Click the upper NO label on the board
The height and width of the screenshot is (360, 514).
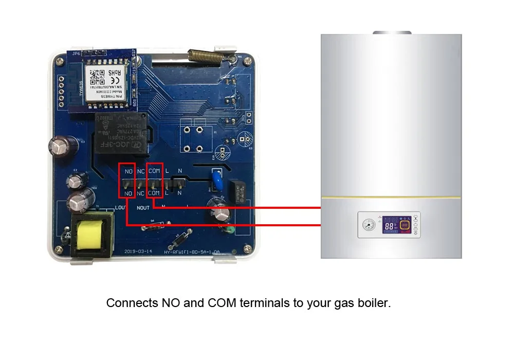click(128, 171)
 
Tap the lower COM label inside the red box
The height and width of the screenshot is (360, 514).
click(154, 193)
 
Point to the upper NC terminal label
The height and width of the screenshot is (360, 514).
click(140, 171)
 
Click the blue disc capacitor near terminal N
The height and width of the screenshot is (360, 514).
click(216, 181)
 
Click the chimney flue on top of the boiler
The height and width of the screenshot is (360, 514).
click(392, 33)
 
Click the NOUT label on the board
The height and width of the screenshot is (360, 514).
click(142, 208)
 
